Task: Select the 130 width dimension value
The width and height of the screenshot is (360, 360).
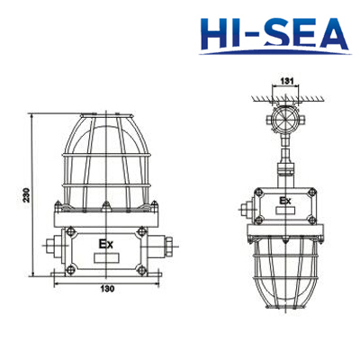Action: [x=107, y=289]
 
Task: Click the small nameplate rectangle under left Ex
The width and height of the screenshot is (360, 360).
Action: [x=106, y=258]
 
